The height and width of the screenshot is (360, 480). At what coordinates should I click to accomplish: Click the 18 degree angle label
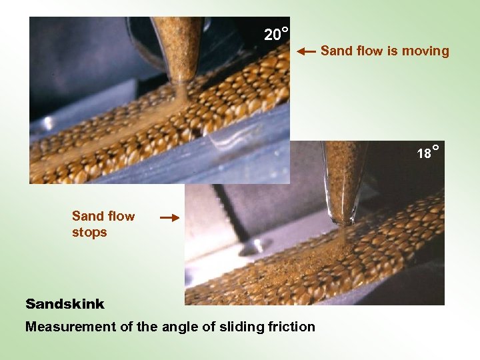(427, 153)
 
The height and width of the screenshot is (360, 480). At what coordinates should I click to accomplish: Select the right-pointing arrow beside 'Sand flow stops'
(170, 217)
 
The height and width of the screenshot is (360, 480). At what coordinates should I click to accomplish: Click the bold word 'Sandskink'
(65, 304)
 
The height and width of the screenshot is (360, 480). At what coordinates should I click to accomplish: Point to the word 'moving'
(425, 51)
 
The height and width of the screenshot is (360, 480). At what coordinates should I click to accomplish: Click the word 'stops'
(89, 233)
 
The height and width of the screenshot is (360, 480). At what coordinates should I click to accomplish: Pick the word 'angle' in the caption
(180, 327)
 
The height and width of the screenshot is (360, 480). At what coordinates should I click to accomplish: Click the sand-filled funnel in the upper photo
(177, 43)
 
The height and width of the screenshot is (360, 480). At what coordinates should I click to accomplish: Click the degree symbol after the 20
(285, 30)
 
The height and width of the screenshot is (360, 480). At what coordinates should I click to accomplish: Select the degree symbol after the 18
(435, 147)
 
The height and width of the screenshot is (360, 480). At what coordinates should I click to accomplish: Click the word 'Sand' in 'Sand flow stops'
(88, 216)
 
